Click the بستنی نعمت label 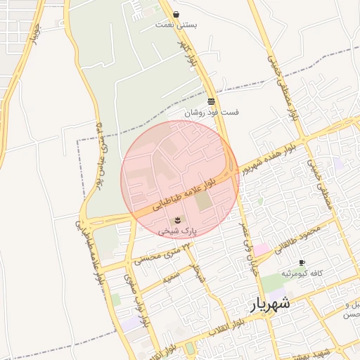click(176, 25)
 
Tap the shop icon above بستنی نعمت click(176, 14)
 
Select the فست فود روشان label click(212, 112)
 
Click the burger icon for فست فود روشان click(211, 102)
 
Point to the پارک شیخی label click(177, 230)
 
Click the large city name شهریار click(269, 304)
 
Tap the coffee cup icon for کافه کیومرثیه click(302, 262)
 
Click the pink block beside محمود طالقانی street click(261, 250)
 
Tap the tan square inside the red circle click(203, 202)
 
